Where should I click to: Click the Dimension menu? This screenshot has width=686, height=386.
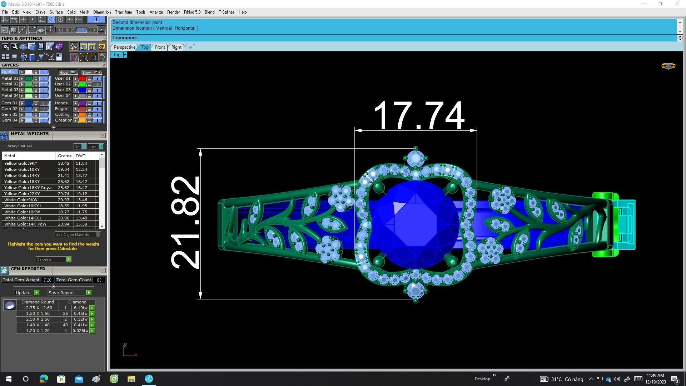pyautogui.click(x=102, y=12)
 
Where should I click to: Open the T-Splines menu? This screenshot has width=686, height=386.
pyautogui.click(x=227, y=12)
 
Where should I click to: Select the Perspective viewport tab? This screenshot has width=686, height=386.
pyautogui.click(x=124, y=47)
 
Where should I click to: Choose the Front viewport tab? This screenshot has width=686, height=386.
pyautogui.click(x=160, y=47)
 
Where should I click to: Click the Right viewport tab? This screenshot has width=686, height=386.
pyautogui.click(x=176, y=47)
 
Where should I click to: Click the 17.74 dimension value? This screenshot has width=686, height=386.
pyautogui.click(x=418, y=115)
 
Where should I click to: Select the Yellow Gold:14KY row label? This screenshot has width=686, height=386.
pyautogui.click(x=22, y=175)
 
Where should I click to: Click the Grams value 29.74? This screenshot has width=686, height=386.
pyautogui.click(x=64, y=194)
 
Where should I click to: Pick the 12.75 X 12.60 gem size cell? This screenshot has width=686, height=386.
pyautogui.click(x=38, y=308)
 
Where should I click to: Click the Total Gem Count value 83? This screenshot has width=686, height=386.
pyautogui.click(x=99, y=280)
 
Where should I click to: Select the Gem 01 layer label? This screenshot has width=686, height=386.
pyautogui.click(x=9, y=103)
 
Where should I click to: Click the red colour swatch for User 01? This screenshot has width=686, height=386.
pyautogui.click(x=82, y=79)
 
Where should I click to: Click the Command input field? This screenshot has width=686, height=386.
pyautogui.click(x=407, y=38)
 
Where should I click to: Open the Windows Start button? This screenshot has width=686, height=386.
pyautogui.click(x=9, y=379)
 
